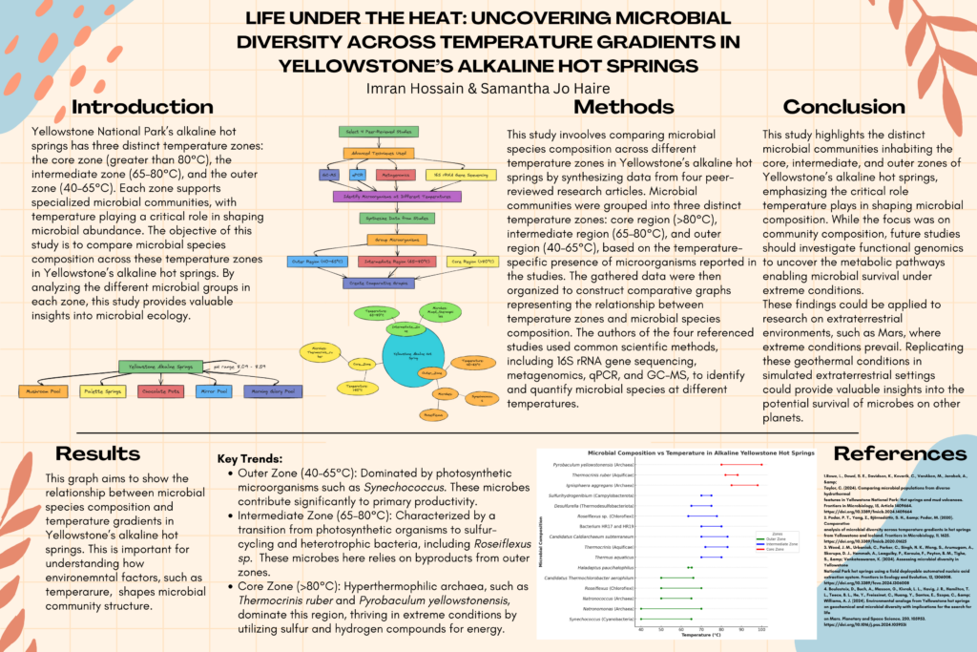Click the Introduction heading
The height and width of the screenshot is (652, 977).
point(143,107)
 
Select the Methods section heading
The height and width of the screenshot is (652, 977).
point(624,107)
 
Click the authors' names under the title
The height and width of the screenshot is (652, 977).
point(488,87)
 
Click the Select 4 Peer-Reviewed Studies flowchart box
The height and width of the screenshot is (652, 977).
point(379,131)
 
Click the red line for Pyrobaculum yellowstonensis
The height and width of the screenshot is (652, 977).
point(741,464)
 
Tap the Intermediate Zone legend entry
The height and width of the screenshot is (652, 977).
point(783,540)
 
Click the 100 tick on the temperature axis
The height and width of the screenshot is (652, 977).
point(761,628)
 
